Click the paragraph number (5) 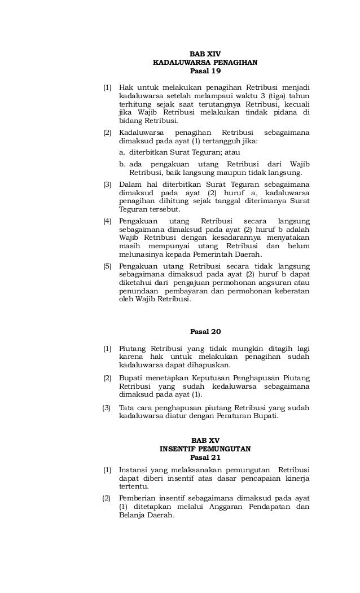point(107,266)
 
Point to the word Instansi point(135,469)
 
